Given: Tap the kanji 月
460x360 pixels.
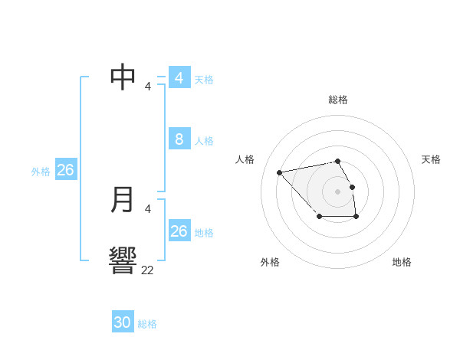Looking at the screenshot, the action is (x=123, y=199).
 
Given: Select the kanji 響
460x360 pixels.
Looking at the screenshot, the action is (x=123, y=260).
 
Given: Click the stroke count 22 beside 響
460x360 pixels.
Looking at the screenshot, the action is (x=148, y=270).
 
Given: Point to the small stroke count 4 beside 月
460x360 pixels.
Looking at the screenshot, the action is (x=148, y=208).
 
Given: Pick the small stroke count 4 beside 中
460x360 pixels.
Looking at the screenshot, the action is (x=148, y=87).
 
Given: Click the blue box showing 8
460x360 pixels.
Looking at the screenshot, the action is (x=179, y=139).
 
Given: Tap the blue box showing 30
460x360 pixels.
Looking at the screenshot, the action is (x=123, y=322).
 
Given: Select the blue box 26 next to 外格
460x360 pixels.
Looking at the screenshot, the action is (x=65, y=170).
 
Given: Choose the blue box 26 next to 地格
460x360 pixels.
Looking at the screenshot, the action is (x=179, y=231).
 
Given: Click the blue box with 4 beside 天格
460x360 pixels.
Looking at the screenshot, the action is (x=179, y=77).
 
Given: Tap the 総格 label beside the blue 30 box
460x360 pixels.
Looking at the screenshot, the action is (x=147, y=324).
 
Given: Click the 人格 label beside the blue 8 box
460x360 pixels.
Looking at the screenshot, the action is (x=204, y=141).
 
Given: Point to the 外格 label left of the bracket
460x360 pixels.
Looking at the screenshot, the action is (x=41, y=172).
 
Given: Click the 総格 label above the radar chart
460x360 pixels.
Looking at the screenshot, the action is (x=338, y=100).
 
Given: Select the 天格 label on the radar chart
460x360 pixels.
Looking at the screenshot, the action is (x=431, y=159).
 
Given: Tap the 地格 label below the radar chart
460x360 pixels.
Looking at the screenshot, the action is (x=402, y=262).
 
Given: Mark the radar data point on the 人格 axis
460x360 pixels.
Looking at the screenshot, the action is (x=280, y=172).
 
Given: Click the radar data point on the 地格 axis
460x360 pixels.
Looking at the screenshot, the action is (x=356, y=218).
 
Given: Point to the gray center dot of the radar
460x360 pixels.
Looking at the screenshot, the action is (x=337, y=191).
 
